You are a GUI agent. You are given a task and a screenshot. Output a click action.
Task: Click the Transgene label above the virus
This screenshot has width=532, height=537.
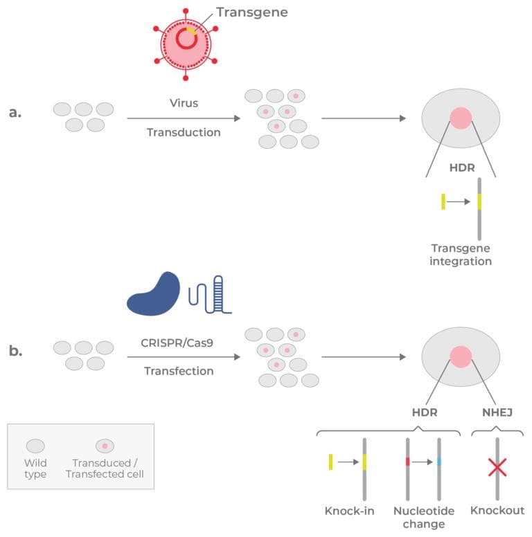tap(251, 12)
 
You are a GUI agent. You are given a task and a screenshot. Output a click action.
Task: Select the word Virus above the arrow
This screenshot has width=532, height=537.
tap(184, 103)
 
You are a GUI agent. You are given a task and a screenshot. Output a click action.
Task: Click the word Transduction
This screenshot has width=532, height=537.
tap(184, 132)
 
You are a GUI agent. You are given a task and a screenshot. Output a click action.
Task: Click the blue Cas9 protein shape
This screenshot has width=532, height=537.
tap(153, 294)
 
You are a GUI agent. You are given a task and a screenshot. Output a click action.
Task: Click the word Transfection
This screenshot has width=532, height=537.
tap(179, 371)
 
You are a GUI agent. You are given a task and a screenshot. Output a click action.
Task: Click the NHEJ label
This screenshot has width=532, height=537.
tap(497, 412)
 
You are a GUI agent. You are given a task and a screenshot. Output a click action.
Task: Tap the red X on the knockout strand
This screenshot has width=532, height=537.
tap(497, 468)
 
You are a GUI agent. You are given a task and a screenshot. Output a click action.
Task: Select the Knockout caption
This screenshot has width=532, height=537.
tap(497, 511)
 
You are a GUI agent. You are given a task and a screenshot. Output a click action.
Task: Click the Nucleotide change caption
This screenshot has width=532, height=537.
tap(423, 517)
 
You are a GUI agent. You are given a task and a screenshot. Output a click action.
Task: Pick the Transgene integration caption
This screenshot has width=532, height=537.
tap(461, 254)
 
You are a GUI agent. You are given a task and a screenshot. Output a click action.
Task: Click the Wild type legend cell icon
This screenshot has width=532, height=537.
tap(35, 446)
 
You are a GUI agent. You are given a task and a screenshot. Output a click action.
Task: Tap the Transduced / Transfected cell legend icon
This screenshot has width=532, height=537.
tap(105, 446)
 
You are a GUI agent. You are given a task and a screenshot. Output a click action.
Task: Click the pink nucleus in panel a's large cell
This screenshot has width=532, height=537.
tap(461, 118)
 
